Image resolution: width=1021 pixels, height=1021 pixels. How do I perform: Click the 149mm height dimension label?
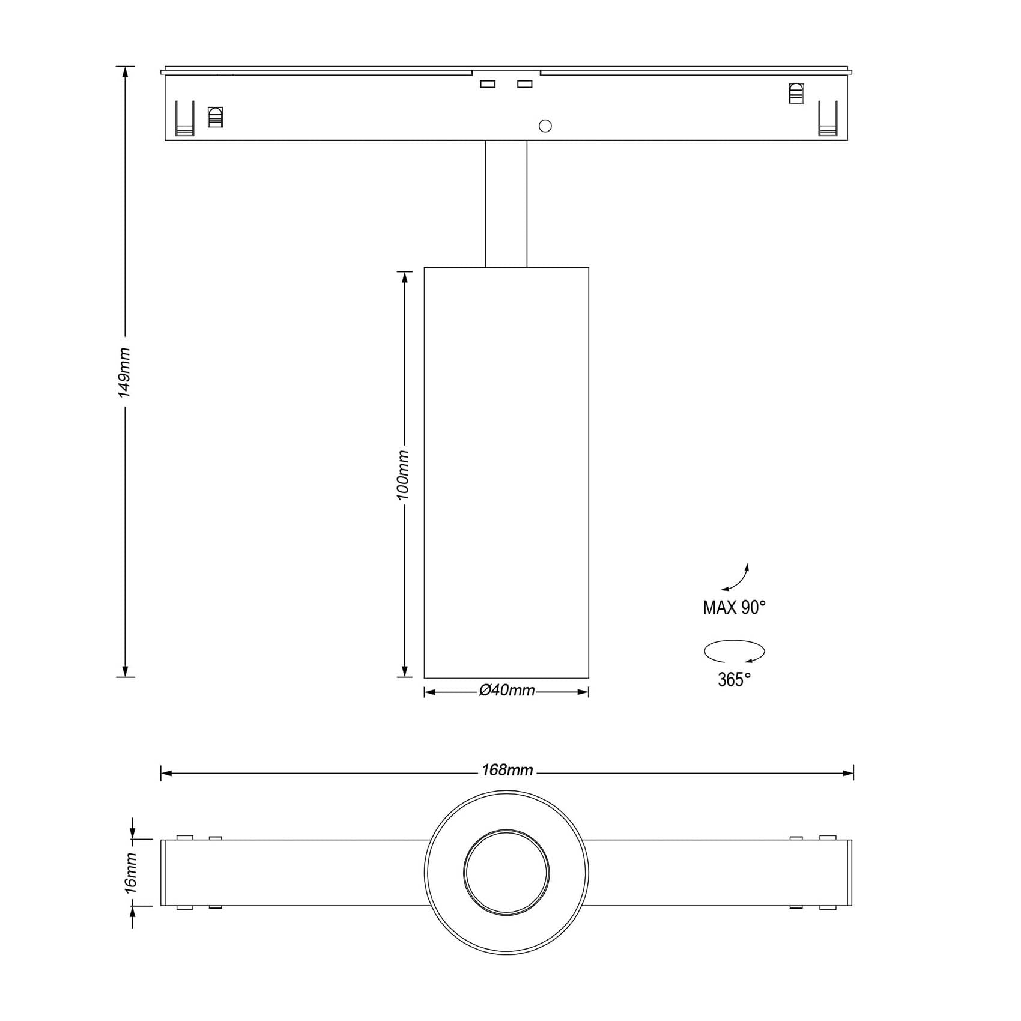pyautogui.click(x=124, y=372)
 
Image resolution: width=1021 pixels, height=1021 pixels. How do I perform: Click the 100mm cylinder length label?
pyautogui.click(x=403, y=475)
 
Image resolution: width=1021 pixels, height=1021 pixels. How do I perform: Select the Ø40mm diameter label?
pyautogui.click(x=506, y=691)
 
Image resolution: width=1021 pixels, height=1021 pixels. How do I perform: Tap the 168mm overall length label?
pyautogui.click(x=507, y=771)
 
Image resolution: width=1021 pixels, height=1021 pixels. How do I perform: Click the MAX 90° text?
pyautogui.click(x=734, y=608)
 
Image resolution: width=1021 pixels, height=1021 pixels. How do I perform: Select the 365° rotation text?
pyautogui.click(x=734, y=680)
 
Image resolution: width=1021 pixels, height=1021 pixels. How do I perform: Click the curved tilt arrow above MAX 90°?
pyautogui.click(x=736, y=579)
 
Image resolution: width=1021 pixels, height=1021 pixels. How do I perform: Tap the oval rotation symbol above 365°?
pyautogui.click(x=734, y=651)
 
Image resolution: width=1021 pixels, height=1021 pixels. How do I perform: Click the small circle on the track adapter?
pyautogui.click(x=545, y=126)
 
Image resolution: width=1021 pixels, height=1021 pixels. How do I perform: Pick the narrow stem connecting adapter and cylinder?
pyautogui.click(x=506, y=204)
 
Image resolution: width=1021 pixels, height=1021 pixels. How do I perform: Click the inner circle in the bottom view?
pyautogui.click(x=506, y=873)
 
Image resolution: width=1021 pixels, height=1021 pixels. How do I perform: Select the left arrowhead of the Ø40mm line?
pyautogui.click(x=429, y=692)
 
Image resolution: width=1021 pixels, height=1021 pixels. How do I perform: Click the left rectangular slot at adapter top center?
pyautogui.click(x=488, y=84)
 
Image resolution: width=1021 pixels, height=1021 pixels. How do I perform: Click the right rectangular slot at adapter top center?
pyautogui.click(x=524, y=84)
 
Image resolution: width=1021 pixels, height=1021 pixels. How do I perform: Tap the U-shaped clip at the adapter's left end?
pyautogui.click(x=185, y=118)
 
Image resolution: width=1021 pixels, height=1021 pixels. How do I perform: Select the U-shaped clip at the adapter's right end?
pyautogui.click(x=828, y=118)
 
